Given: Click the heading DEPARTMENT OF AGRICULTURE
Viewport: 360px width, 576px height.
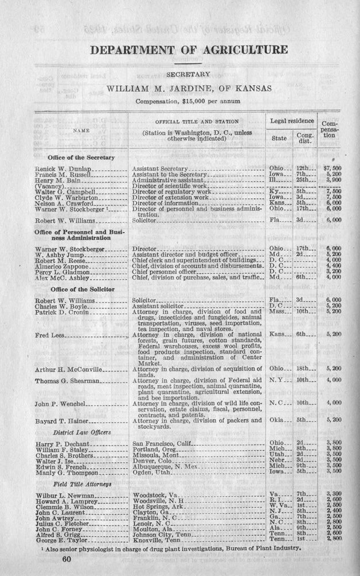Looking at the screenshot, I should [189, 49].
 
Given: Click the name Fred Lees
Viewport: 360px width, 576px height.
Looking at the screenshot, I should [49, 334].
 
